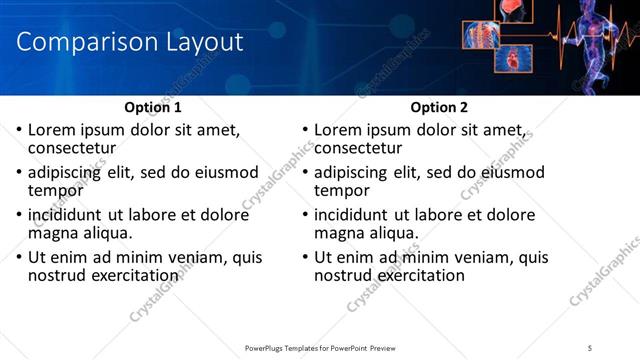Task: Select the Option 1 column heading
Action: [x=153, y=107]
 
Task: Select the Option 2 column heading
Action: [x=439, y=107]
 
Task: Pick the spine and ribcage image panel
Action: [x=481, y=34]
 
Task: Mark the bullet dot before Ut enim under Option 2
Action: [x=305, y=257]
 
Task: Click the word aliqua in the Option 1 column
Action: [x=106, y=233]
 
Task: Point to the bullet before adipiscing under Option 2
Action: [x=305, y=172]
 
